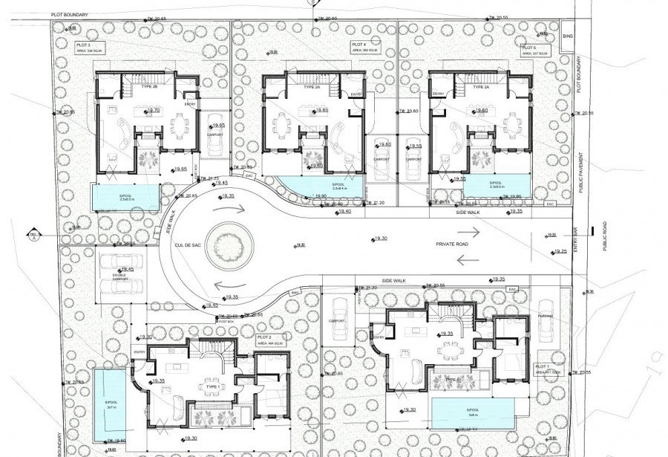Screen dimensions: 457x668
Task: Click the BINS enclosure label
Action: pos(569,35)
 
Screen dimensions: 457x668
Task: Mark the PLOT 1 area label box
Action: pos(541,369)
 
